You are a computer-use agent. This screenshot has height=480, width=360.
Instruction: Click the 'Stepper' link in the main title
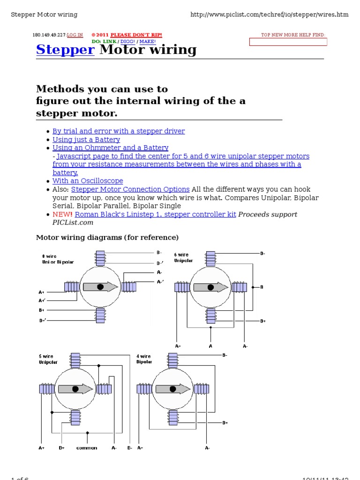click(x=65, y=50)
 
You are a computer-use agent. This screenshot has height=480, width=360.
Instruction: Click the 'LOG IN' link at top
click(x=75, y=35)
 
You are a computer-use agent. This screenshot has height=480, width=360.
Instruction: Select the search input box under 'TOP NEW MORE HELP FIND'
click(x=288, y=42)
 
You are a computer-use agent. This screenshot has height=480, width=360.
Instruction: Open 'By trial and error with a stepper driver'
click(x=119, y=131)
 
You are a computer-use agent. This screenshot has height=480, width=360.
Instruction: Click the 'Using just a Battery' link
click(x=86, y=140)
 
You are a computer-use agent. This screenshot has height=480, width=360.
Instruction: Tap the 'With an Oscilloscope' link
click(x=88, y=181)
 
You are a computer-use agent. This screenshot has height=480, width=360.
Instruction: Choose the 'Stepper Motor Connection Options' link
click(x=130, y=189)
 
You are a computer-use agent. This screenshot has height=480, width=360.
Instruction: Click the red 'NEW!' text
click(x=63, y=215)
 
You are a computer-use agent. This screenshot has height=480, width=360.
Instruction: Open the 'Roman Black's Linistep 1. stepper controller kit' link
click(x=155, y=215)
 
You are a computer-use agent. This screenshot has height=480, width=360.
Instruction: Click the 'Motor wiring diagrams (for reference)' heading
click(x=107, y=238)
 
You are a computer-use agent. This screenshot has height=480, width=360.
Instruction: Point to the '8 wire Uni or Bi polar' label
click(x=58, y=259)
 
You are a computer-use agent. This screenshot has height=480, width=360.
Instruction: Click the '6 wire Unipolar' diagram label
click(x=183, y=258)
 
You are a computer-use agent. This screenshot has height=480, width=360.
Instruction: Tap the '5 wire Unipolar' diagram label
click(x=48, y=359)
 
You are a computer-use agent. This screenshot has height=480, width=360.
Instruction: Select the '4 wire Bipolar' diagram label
click(x=144, y=359)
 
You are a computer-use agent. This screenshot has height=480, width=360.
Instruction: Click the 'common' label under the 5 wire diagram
click(x=87, y=448)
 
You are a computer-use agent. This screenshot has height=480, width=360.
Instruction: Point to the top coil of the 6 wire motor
click(x=210, y=258)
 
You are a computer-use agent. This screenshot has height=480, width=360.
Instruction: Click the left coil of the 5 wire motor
click(x=47, y=389)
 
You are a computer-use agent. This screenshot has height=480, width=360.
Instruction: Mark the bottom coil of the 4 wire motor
click(x=172, y=416)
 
